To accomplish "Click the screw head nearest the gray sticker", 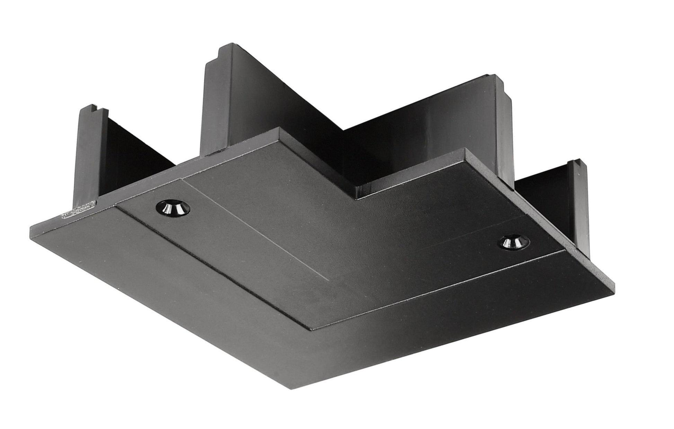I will [x=172, y=208].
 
